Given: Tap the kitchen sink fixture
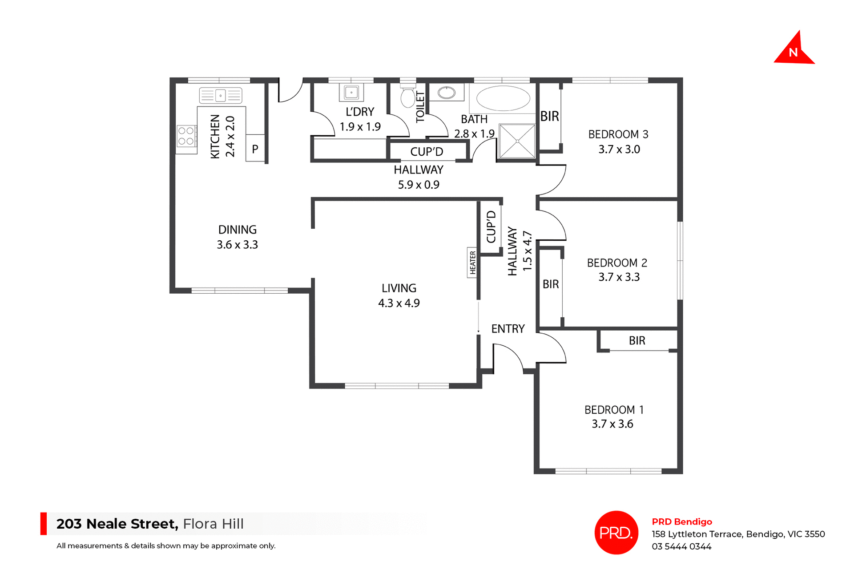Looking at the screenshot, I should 220,96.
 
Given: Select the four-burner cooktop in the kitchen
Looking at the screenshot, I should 186,136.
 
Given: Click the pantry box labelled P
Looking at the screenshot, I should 255,149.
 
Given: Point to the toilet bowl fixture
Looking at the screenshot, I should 407,97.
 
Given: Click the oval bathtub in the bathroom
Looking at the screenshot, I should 503,98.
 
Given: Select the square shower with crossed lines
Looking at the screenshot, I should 517,141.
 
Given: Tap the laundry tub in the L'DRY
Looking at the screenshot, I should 351,93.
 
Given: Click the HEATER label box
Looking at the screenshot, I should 472,263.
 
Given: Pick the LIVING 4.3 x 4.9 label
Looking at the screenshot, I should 399,295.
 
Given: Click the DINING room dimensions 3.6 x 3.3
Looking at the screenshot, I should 237,245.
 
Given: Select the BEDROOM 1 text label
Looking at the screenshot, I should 614,410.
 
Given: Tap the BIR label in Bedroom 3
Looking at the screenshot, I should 549,117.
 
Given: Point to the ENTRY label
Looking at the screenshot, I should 508,329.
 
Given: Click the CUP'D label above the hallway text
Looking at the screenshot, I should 427,152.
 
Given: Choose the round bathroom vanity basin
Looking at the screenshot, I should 446,93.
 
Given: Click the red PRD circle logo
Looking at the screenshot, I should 616,532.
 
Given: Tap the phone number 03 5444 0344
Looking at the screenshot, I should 681,546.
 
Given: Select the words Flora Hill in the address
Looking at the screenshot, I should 213,524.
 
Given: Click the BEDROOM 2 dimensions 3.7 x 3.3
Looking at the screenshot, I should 619,277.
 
